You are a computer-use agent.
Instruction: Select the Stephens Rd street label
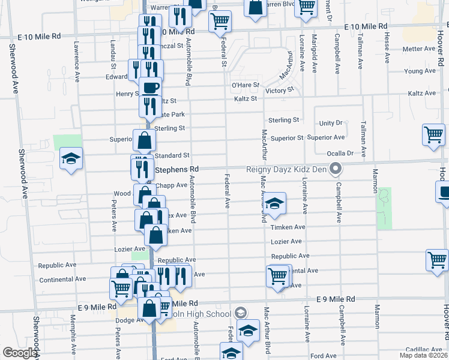(177, 170)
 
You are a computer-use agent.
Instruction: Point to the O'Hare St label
(246, 85)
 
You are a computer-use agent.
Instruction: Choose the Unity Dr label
(331, 123)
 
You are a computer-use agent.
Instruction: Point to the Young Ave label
(420, 71)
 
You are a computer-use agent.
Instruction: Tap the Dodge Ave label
(127, 320)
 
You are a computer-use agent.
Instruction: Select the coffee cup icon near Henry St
(151, 87)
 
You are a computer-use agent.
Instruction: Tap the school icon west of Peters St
(71, 159)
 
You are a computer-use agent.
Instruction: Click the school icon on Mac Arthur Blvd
(274, 203)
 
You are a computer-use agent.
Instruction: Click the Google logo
(20, 353)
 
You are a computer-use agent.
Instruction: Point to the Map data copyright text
(423, 355)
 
